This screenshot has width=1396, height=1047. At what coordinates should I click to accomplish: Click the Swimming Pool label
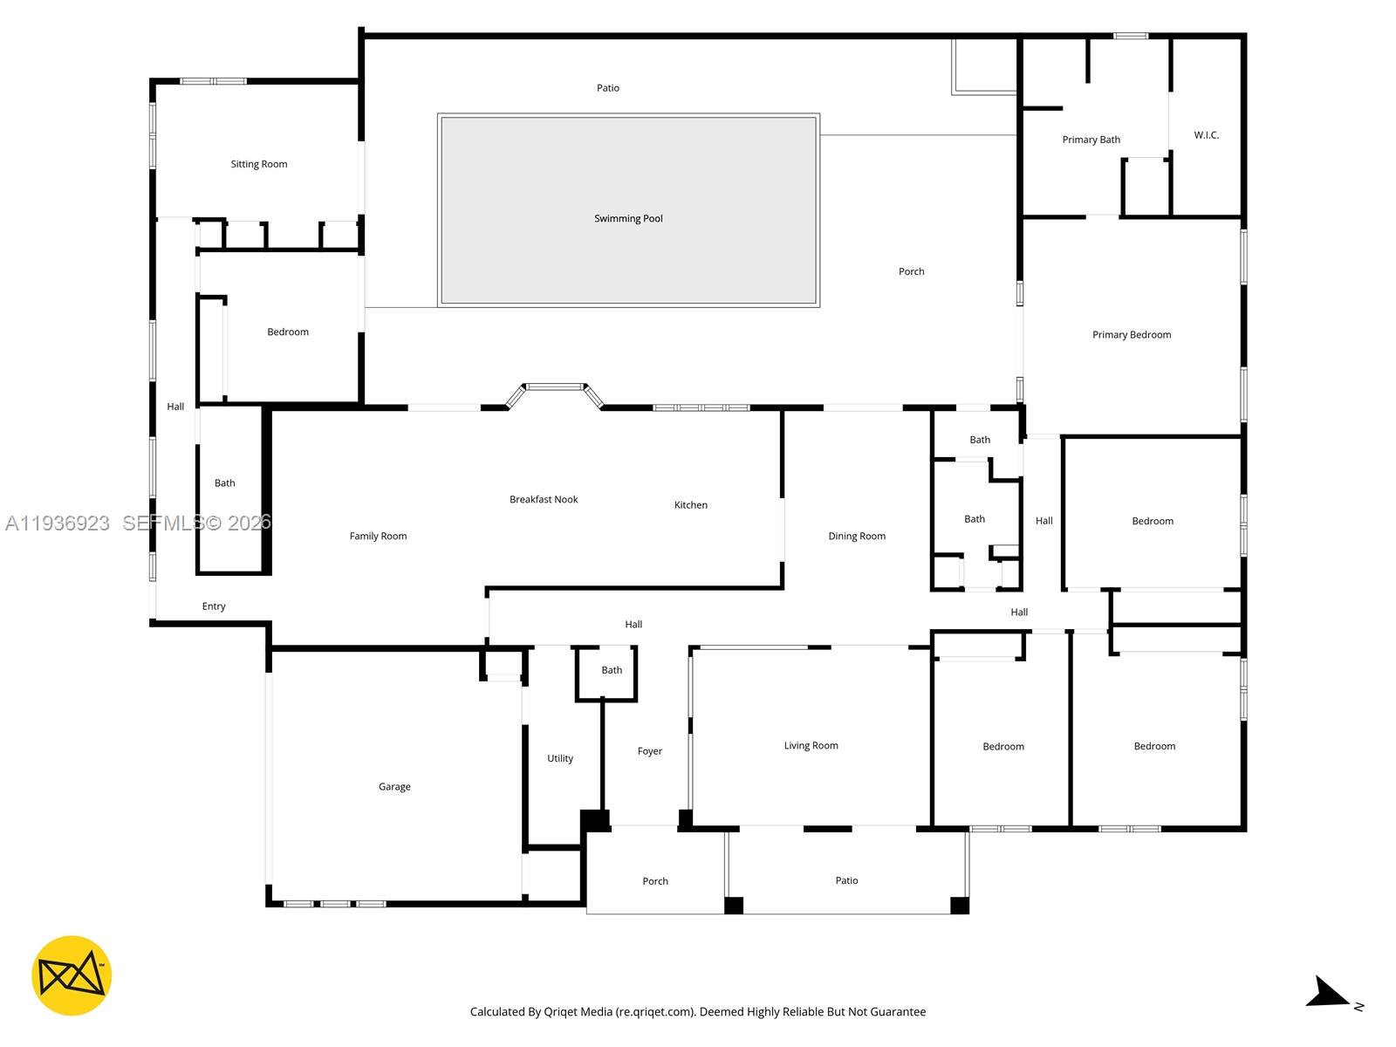628,218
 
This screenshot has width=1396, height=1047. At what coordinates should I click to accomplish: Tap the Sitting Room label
258,164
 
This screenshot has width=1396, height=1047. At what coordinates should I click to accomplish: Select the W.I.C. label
1206,135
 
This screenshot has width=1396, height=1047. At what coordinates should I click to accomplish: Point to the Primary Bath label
1091,140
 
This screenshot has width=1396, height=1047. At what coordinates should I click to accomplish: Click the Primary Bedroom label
1131,335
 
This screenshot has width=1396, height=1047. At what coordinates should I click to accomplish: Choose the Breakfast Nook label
544,500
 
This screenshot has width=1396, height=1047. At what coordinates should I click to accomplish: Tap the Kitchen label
690,505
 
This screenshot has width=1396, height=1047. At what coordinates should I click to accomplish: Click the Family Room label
378,537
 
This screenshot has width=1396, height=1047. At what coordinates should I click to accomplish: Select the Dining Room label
856,537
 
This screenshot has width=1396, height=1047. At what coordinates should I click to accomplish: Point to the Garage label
394,787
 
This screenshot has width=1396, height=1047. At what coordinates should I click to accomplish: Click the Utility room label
560,759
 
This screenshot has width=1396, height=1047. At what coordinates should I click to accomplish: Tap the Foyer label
649,751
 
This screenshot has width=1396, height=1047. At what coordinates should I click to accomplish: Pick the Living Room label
811,746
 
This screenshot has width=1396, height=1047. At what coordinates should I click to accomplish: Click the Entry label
214,606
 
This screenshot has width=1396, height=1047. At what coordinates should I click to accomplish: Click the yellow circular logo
72,975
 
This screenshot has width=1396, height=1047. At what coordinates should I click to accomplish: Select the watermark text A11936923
58,523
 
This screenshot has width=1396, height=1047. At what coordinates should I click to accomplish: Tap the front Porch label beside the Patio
654,881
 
